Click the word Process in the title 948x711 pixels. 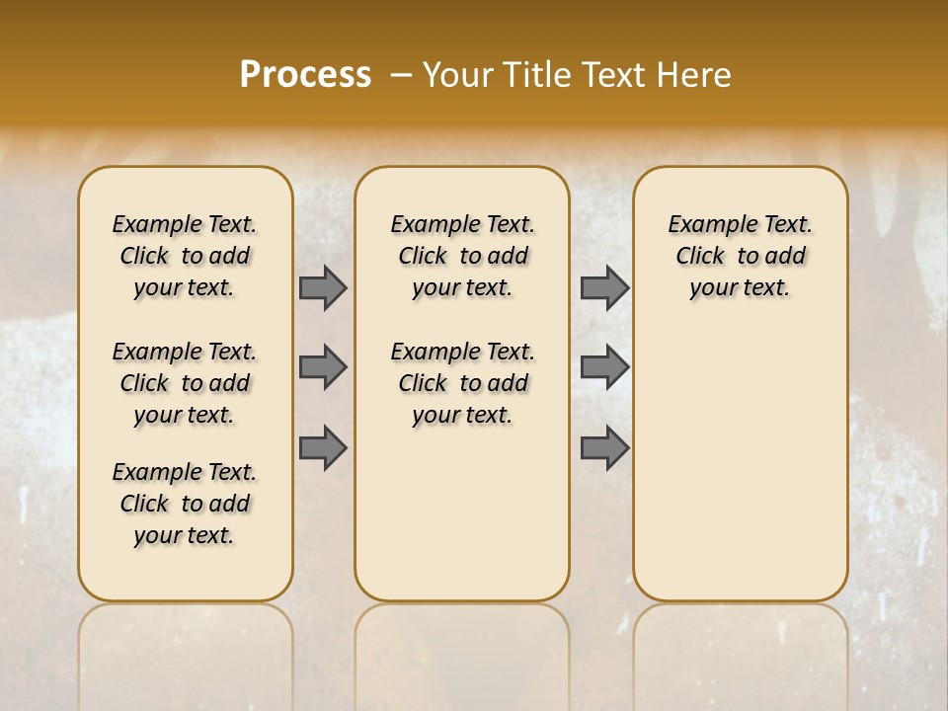click(x=305, y=75)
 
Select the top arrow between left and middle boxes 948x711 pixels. click(x=323, y=287)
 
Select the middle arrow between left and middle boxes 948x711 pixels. click(x=323, y=367)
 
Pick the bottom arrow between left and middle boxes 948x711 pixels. click(x=323, y=447)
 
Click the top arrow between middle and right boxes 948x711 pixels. click(x=604, y=287)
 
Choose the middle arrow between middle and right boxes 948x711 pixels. click(x=604, y=367)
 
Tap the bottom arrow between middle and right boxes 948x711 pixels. click(x=604, y=447)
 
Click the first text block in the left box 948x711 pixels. click(x=185, y=256)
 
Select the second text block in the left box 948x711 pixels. click(x=185, y=383)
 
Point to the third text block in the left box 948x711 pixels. click(x=185, y=504)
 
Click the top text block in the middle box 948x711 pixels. click(x=462, y=256)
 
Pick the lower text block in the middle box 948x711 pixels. click(x=462, y=383)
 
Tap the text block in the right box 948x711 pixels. click(x=740, y=256)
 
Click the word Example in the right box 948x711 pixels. click(x=706, y=225)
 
